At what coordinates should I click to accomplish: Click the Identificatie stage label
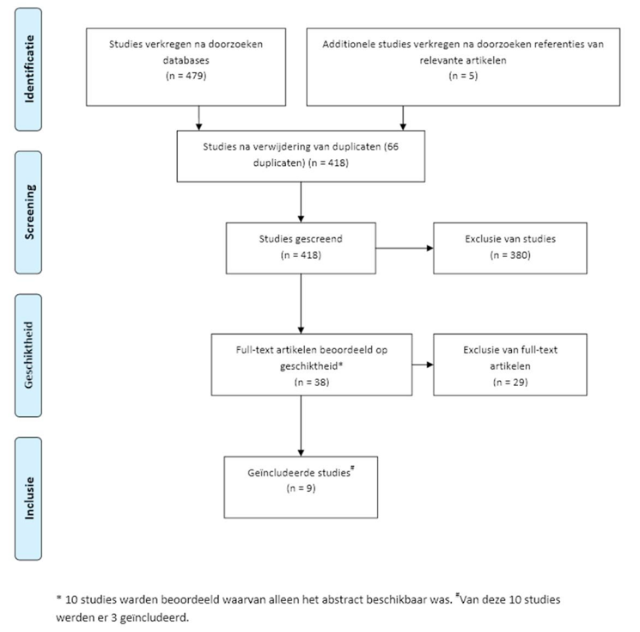click(x=29, y=69)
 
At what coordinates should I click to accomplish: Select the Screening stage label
click(x=29, y=212)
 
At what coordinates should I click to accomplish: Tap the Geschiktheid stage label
click(x=28, y=355)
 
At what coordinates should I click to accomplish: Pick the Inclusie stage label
click(x=29, y=499)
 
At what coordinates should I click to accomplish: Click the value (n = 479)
click(x=186, y=76)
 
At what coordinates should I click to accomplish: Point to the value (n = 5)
click(x=463, y=76)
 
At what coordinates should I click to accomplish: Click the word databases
click(x=186, y=60)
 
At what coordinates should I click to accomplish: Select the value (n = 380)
click(x=510, y=255)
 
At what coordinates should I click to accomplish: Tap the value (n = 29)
click(x=510, y=382)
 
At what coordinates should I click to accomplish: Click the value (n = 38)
click(x=312, y=382)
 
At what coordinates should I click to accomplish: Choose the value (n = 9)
click(x=301, y=488)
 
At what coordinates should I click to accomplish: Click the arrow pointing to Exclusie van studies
click(x=405, y=248)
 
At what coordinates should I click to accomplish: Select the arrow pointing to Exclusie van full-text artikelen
click(x=423, y=365)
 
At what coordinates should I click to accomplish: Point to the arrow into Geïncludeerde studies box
click(x=301, y=426)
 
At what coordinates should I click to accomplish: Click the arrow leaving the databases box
click(x=198, y=118)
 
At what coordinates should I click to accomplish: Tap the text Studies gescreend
click(x=301, y=239)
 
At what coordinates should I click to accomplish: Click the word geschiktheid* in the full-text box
click(x=312, y=366)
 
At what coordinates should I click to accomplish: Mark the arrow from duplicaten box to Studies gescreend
click(x=301, y=202)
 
